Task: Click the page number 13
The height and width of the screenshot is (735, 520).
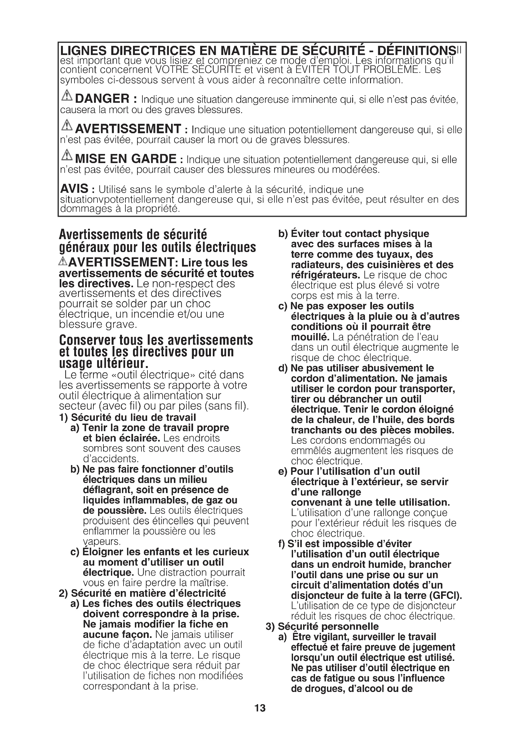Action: [x=260, y=708]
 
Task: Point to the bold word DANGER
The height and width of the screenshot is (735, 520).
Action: [x=102, y=98]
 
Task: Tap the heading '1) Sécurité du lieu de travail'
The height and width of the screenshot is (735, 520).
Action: [x=127, y=417]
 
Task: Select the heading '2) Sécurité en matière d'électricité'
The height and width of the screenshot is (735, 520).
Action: [x=142, y=593]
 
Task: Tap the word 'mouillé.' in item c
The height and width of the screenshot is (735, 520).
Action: [x=310, y=337]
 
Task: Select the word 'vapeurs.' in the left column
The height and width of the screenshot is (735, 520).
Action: [x=102, y=541]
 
